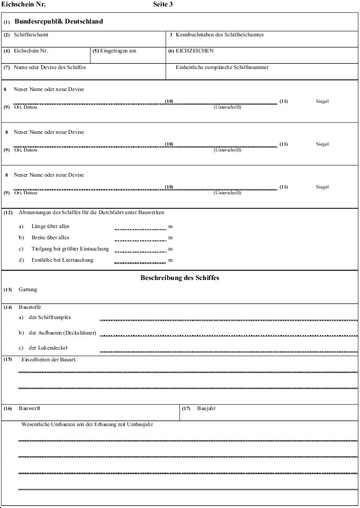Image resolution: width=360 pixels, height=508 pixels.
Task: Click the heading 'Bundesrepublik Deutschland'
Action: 59,22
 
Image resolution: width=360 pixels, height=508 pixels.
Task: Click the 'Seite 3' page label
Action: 163,4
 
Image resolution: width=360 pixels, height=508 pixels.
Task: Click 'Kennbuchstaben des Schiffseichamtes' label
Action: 220,35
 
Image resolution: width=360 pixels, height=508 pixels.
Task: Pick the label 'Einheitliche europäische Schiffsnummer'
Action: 222,67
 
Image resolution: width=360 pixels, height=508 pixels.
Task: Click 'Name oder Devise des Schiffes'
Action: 50,67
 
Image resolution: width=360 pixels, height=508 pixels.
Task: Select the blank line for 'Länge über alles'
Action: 140,228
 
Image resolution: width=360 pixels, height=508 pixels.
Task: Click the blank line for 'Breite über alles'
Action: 140,239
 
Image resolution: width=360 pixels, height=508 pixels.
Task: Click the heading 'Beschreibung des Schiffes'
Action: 179,278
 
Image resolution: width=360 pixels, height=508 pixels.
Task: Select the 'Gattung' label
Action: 28,290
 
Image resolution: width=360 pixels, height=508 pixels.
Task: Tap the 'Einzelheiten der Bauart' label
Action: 48,359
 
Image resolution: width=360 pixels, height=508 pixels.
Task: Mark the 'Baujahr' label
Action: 206,408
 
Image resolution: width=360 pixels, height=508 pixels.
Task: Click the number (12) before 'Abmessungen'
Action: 8,213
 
